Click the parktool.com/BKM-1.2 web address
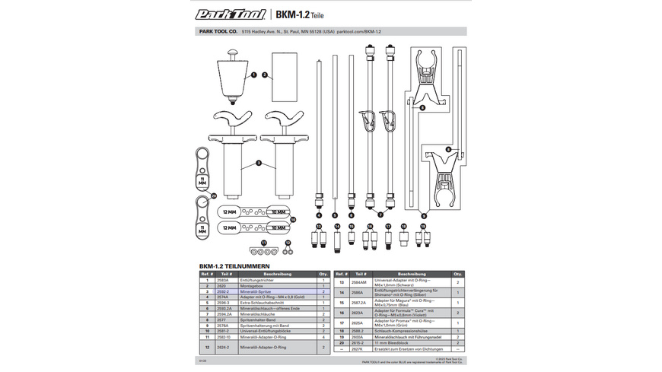pyautogui.click(x=358, y=33)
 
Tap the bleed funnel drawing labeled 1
pyautogui.click(x=232, y=75)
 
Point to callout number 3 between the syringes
pyautogui.click(x=259, y=163)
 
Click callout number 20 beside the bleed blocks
pyautogui.click(x=215, y=196)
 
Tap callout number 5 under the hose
pyautogui.click(x=334, y=215)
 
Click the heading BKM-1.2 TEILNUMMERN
pyautogui.click(x=231, y=266)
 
